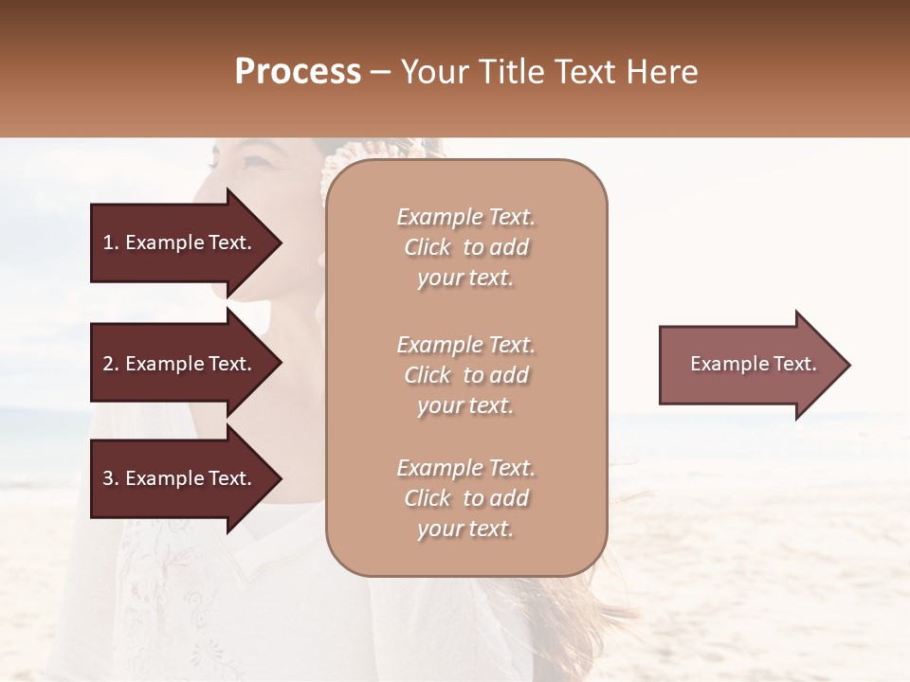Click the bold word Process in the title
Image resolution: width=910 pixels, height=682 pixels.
pyautogui.click(x=298, y=72)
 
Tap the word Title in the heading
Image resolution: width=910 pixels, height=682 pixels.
pyautogui.click(x=513, y=72)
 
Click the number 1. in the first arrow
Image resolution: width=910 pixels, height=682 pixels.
pyautogui.click(x=111, y=243)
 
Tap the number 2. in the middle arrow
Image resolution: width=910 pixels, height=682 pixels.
pyautogui.click(x=111, y=365)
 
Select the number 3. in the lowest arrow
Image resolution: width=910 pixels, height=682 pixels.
pyautogui.click(x=111, y=479)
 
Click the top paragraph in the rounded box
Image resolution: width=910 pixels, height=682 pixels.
pyautogui.click(x=466, y=247)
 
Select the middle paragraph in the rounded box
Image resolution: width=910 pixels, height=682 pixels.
pyautogui.click(x=466, y=375)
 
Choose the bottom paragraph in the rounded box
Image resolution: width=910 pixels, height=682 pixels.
pyautogui.click(x=466, y=498)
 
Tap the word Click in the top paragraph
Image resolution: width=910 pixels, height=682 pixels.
pyautogui.click(x=428, y=247)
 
